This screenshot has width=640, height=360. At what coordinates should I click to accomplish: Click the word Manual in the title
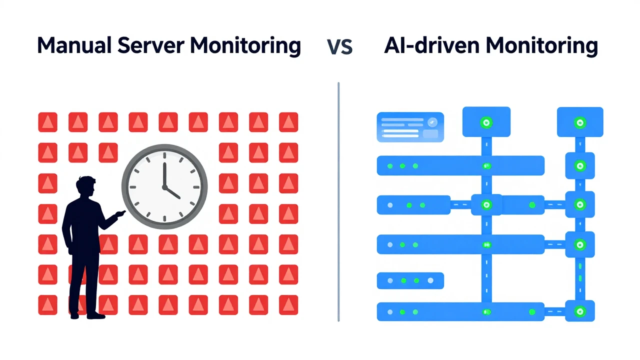74,45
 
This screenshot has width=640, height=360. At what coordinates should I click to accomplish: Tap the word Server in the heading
151,45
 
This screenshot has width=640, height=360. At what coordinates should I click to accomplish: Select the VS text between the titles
339,47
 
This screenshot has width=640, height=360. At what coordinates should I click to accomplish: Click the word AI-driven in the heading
431,45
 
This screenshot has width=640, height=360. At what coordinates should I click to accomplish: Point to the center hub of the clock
164,187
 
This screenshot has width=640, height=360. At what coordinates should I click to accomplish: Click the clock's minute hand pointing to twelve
164,174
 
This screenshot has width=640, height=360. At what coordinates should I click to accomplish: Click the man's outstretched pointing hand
120,213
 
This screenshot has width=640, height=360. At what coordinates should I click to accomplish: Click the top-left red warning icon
47,122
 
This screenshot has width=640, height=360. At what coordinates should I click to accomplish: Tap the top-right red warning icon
288,122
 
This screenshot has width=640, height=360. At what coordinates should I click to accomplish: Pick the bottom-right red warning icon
288,305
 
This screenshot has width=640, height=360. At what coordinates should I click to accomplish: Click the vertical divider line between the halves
338,201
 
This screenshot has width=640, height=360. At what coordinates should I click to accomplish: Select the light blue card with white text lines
410,127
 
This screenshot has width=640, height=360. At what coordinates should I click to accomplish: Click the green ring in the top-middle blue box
486,123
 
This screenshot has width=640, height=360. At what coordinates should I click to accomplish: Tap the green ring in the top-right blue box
580,123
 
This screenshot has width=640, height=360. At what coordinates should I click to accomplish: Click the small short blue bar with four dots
410,280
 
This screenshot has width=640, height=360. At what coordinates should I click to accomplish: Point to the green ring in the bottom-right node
579,311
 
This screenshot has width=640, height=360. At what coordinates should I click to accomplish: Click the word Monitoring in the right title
541,45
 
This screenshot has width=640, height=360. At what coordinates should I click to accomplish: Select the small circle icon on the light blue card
432,122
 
